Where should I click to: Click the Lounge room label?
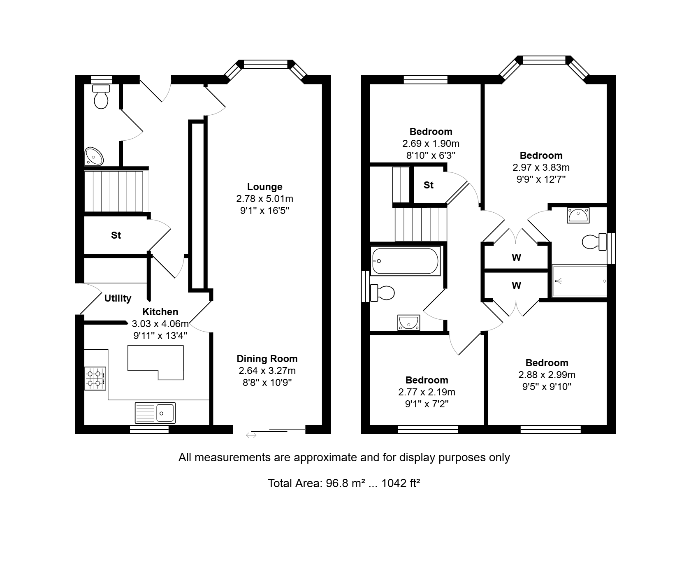point(264,187)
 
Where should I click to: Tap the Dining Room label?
point(267,359)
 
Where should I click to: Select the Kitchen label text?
point(160,312)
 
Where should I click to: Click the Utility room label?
point(118,298)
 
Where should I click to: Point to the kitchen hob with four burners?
point(95,379)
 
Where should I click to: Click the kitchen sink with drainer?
point(155,413)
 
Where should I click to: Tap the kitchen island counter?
point(156,362)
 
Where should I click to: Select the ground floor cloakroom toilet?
point(101,96)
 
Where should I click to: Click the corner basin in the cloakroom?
point(94,156)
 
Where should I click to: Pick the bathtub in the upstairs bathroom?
point(406,261)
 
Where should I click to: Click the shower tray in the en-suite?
point(579,281)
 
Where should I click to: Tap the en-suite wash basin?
point(578,215)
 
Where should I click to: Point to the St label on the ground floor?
point(116,235)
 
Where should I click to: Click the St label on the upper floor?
point(429,185)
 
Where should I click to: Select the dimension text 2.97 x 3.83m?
point(541,167)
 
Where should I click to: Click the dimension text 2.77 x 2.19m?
point(427,392)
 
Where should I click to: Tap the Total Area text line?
point(344,483)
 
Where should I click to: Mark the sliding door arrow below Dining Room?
point(251,435)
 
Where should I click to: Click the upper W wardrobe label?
point(516,258)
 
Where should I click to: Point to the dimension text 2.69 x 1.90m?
point(431,144)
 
